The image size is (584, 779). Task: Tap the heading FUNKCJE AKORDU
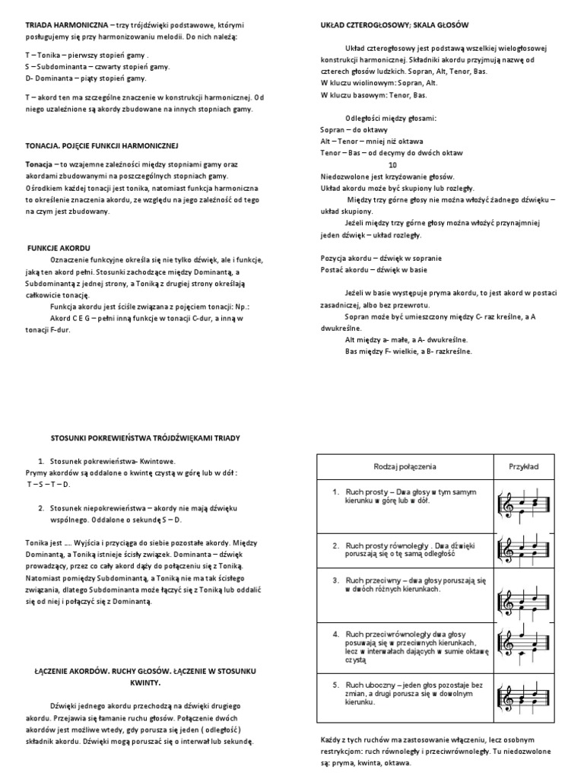(x=59, y=249)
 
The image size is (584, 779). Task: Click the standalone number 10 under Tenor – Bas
(x=392, y=164)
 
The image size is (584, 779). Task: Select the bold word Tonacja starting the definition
(x=39, y=164)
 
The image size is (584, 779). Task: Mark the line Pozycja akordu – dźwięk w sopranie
(x=381, y=259)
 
